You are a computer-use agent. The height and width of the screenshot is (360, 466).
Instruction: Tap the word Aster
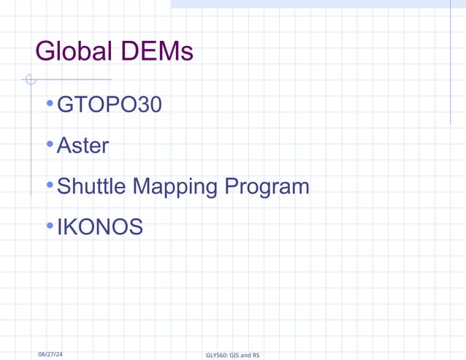click(83, 146)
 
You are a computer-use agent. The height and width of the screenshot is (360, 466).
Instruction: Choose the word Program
click(267, 188)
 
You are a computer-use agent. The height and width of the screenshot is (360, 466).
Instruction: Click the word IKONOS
click(100, 227)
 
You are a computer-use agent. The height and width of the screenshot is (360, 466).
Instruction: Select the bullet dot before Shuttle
click(49, 186)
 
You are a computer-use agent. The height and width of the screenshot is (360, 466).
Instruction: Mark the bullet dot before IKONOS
click(49, 226)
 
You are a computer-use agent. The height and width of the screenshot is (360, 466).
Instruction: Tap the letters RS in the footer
click(255, 356)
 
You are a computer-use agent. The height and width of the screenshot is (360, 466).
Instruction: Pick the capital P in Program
click(232, 186)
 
